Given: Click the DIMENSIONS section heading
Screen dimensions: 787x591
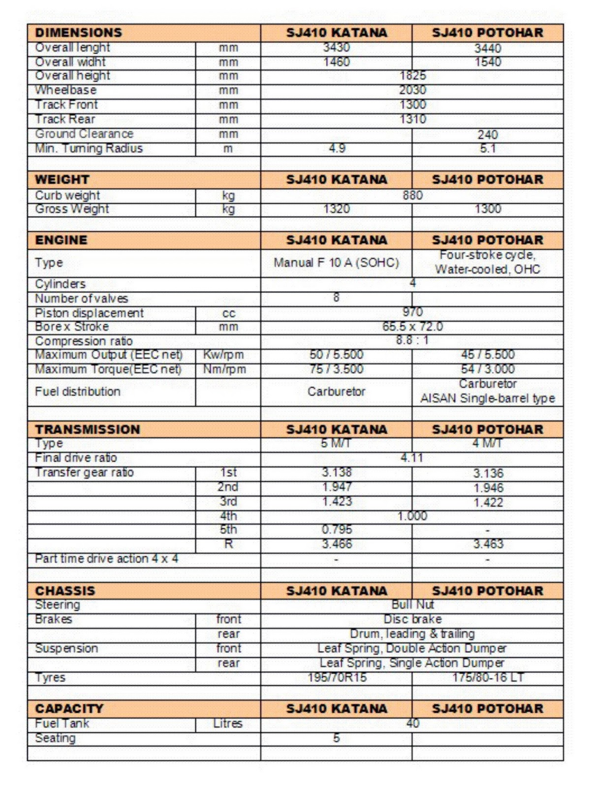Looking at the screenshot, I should [78, 33].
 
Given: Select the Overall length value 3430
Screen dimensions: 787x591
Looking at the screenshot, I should [336, 48].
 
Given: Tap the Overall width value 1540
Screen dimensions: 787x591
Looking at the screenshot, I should [488, 62].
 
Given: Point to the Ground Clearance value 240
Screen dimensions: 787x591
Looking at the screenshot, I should [488, 134].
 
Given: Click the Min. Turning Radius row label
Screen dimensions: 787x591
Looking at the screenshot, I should [89, 149].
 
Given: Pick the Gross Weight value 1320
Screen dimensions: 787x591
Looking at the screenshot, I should [336, 209].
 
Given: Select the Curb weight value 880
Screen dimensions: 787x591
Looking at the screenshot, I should [412, 195].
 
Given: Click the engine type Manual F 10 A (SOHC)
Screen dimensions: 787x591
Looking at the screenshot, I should [336, 263].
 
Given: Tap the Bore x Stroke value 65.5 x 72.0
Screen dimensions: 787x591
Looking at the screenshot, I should [412, 327].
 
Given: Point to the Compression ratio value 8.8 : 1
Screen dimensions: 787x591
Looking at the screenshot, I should [412, 340].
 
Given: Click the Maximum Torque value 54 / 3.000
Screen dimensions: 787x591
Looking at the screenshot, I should [488, 369].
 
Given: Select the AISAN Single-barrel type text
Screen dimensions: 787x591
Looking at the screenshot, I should [488, 399].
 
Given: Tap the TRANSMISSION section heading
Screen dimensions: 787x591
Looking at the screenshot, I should [88, 429].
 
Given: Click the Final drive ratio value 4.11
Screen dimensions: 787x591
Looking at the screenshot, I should [412, 458].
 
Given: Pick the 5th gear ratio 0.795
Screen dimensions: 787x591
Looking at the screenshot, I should [337, 530].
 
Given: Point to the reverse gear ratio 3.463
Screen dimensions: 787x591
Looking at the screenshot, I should [488, 544].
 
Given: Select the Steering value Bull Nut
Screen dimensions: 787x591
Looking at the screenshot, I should [412, 605].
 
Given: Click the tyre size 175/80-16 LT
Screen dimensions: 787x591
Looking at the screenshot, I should [488, 678].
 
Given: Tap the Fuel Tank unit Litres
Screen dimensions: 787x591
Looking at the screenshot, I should [228, 724].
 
